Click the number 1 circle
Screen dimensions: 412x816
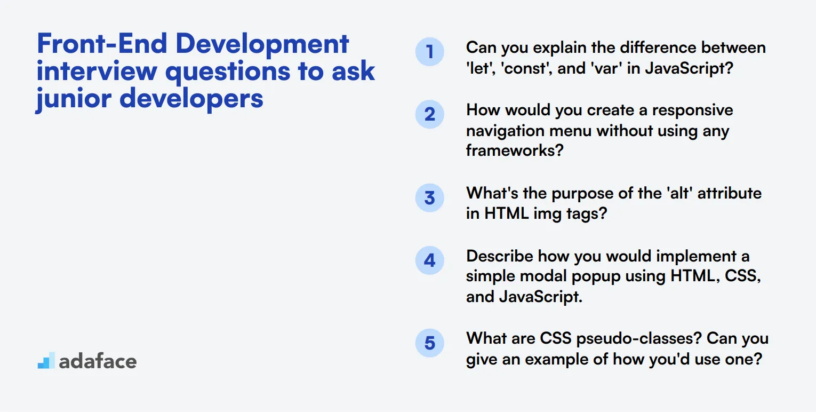coord(429,52)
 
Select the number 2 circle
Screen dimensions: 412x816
coord(429,114)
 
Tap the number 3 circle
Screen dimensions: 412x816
coord(429,198)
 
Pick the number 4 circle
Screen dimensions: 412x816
coord(429,260)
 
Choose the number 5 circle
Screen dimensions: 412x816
coord(429,343)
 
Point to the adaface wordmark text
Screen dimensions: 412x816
coord(98,361)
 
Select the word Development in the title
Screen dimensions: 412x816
coord(262,44)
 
